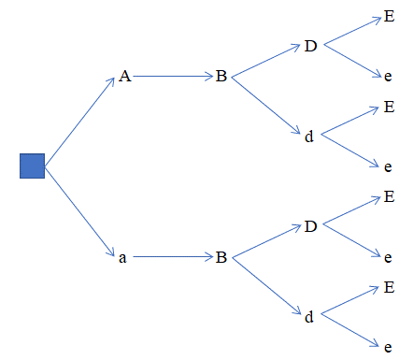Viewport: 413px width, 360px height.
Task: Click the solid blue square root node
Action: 32,166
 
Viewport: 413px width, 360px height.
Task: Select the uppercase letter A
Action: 125,76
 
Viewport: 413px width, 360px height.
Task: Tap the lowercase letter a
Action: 122,258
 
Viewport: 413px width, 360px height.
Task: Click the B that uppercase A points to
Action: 221,76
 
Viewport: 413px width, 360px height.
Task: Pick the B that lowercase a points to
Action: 221,257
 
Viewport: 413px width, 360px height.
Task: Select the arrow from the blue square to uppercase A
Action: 79,122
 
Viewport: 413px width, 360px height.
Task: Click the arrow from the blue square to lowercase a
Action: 79,211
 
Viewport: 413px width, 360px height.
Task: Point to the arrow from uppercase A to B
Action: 173,76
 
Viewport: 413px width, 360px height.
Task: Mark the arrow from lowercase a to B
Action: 173,257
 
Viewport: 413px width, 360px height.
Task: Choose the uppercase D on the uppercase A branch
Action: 310,46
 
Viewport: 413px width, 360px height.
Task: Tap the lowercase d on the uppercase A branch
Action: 309,137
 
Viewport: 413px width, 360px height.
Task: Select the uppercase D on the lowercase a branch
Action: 310,226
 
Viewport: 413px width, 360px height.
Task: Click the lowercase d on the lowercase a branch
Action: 309,317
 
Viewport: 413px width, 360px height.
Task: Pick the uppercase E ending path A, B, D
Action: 389,16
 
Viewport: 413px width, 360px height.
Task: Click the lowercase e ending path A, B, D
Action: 388,77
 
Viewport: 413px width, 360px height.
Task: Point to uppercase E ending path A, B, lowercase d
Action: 389,107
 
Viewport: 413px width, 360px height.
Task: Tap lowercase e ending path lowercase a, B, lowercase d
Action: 388,347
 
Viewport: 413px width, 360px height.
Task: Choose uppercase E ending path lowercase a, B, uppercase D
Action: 389,196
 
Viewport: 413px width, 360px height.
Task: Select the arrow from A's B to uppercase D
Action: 266,61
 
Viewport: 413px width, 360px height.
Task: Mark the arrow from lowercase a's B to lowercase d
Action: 267,286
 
